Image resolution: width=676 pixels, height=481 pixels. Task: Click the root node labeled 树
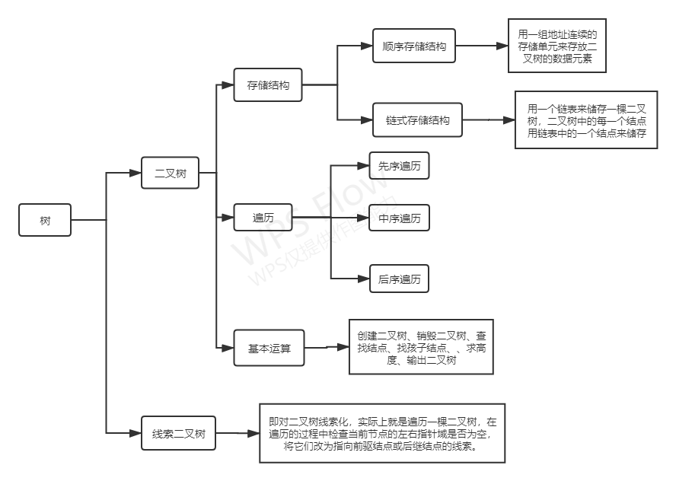(x=45, y=221)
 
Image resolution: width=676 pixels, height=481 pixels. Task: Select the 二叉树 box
(x=171, y=174)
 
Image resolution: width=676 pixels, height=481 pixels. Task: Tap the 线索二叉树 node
(x=178, y=433)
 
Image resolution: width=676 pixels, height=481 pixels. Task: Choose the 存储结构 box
(x=267, y=85)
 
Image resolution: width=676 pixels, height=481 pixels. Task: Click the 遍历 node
(x=263, y=218)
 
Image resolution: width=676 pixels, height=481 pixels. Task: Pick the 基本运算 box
(x=269, y=350)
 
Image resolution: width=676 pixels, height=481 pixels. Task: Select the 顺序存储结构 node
(x=414, y=46)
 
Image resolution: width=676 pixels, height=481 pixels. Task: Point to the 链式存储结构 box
(x=417, y=120)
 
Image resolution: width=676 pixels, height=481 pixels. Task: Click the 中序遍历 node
(x=399, y=218)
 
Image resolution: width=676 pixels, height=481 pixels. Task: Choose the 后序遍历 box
(x=399, y=279)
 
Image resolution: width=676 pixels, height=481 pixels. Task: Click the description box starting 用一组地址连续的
(x=557, y=46)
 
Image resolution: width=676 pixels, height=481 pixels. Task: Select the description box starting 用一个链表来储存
(x=586, y=120)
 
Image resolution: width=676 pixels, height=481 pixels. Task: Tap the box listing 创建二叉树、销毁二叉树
(x=421, y=346)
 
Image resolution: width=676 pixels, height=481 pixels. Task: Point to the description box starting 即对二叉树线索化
(x=382, y=433)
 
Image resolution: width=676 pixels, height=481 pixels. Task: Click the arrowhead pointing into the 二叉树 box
(x=137, y=174)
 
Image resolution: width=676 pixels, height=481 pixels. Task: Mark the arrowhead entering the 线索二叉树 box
(x=137, y=433)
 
